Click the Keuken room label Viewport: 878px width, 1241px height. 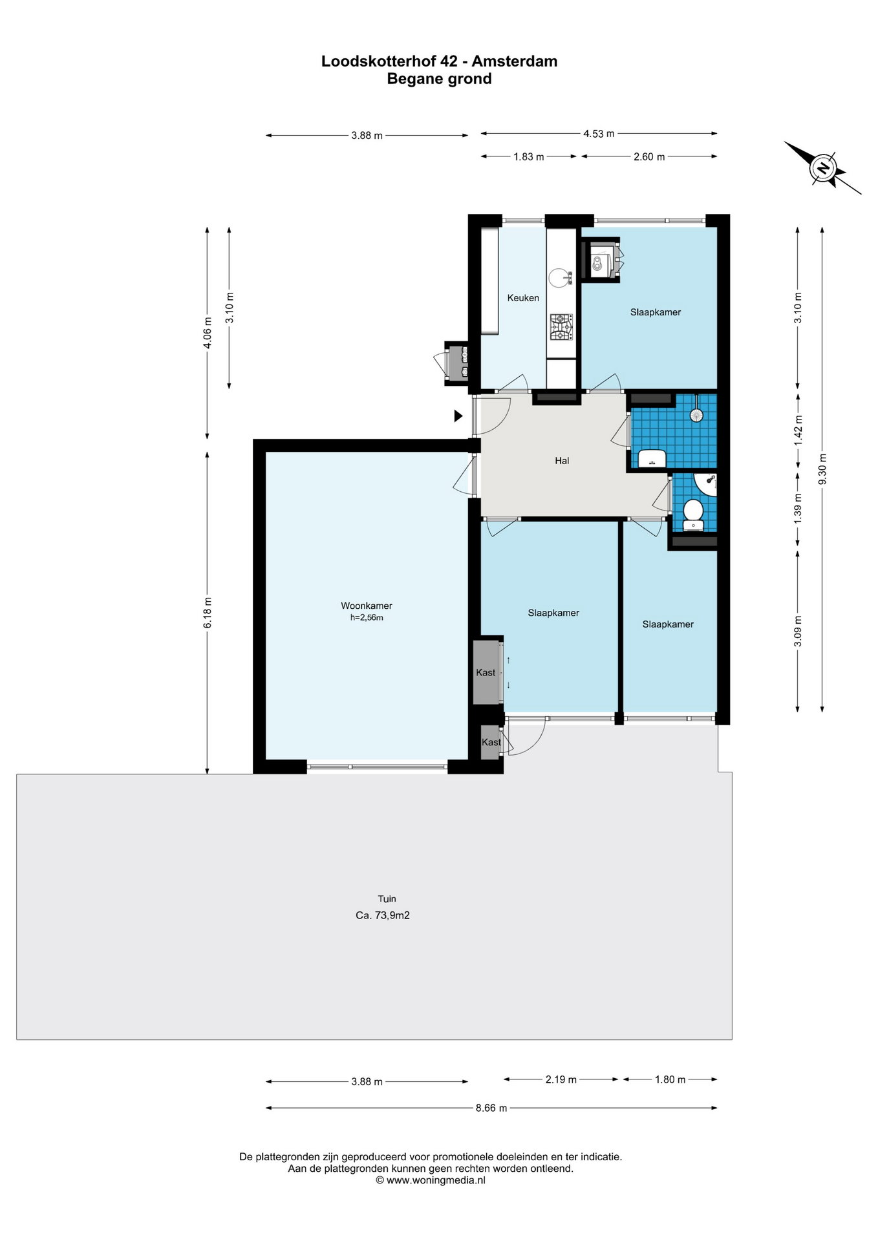coord(523,298)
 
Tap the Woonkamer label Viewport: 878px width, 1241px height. coord(367,606)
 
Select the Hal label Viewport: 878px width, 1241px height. coord(562,461)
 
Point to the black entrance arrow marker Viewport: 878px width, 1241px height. coord(458,416)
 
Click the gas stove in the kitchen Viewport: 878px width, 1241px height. coord(561,327)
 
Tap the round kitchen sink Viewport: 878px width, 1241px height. coord(558,278)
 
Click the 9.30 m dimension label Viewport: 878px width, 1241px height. coord(822,469)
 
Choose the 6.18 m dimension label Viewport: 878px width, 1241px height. coord(208,613)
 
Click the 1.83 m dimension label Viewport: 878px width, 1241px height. coord(529,156)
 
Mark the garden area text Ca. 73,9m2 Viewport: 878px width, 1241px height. coord(383,915)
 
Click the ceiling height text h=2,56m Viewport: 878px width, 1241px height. coord(367,617)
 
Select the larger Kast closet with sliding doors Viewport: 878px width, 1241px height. coord(487,672)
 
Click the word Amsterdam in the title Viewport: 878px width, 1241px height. coord(515,61)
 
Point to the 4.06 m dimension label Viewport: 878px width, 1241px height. coord(208,334)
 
